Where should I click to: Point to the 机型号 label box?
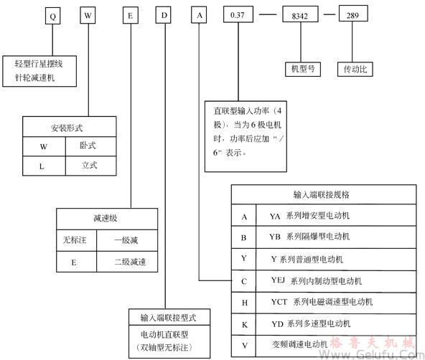point(302,70)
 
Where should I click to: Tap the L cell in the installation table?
point(44,166)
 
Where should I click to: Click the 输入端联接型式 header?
point(164,316)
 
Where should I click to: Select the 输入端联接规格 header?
point(326,194)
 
